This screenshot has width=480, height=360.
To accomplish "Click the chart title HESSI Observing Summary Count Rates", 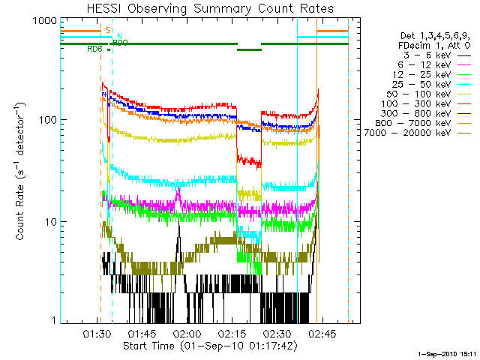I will [210, 8].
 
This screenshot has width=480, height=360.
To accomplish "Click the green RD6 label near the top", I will [95, 49].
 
